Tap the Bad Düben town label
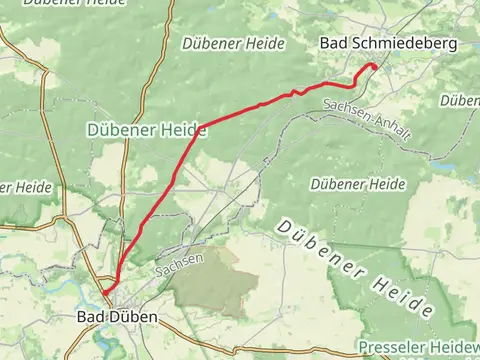coord(117,317)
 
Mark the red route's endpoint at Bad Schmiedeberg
coord(374,66)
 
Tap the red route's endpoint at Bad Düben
coord(102,291)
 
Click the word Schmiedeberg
coord(401,44)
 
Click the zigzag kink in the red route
coord(294,93)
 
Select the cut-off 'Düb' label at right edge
coord(465,102)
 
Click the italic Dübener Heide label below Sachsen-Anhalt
coord(358,185)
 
